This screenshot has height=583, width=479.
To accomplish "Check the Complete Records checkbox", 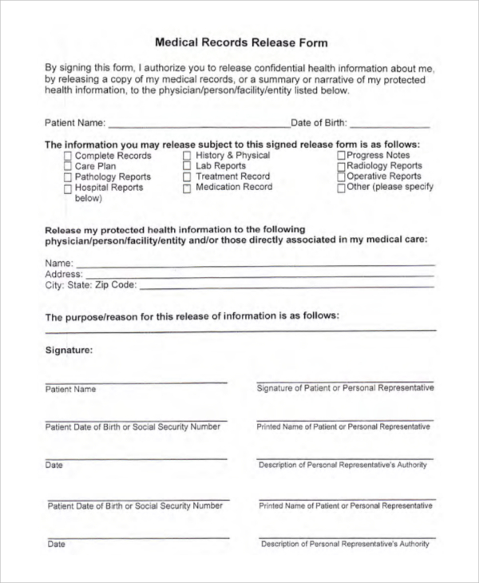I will pyautogui.click(x=68, y=157).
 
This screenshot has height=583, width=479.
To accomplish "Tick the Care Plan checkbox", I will pyautogui.click(x=68, y=167).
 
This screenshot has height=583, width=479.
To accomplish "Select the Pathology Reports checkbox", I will pyautogui.click(x=68, y=177).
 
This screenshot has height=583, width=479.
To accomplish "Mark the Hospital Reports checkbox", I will pyautogui.click(x=68, y=188).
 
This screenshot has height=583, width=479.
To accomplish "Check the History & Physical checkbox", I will pyautogui.click(x=187, y=157).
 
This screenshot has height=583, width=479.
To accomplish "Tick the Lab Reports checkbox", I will pyautogui.click(x=187, y=167).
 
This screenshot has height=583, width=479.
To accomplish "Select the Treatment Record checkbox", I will pyautogui.click(x=187, y=177).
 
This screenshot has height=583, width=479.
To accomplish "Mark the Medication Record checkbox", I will pyautogui.click(x=187, y=188).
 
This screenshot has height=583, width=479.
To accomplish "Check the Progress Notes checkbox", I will pyautogui.click(x=341, y=156).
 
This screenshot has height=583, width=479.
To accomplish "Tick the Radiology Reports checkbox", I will pyautogui.click(x=341, y=166).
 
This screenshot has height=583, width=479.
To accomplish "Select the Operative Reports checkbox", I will pyautogui.click(x=341, y=176).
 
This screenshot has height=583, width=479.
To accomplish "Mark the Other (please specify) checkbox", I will pyautogui.click(x=341, y=188).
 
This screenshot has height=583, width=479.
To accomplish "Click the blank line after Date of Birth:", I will pyautogui.click(x=390, y=125).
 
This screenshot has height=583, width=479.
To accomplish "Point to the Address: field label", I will pyautogui.click(x=63, y=274).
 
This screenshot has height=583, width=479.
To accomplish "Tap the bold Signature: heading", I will pyautogui.click(x=69, y=350).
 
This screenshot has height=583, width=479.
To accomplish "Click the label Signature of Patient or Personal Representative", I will pyautogui.click(x=345, y=388).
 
